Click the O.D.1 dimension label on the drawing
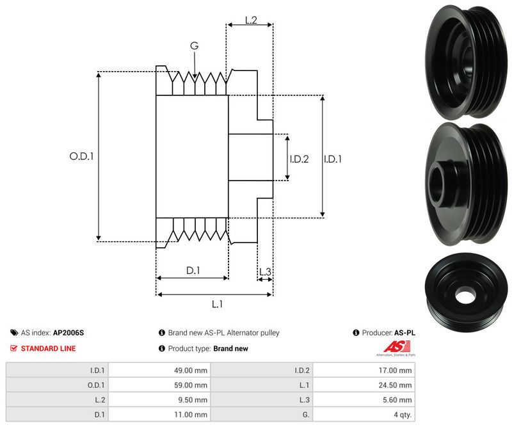tap(81, 156)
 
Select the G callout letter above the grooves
tap(194, 45)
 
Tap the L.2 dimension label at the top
tap(250, 20)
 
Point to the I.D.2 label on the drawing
tap(299, 159)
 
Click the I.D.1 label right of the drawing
tap(332, 159)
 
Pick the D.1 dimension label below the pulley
tap(193, 271)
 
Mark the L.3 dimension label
tap(265, 271)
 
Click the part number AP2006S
tap(68, 333)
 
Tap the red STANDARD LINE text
tap(48, 349)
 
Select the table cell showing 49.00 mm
tap(192, 370)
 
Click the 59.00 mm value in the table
tap(192, 385)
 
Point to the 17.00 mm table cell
tap(397, 370)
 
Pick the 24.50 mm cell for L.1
tap(397, 385)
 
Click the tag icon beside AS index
tap(14, 333)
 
